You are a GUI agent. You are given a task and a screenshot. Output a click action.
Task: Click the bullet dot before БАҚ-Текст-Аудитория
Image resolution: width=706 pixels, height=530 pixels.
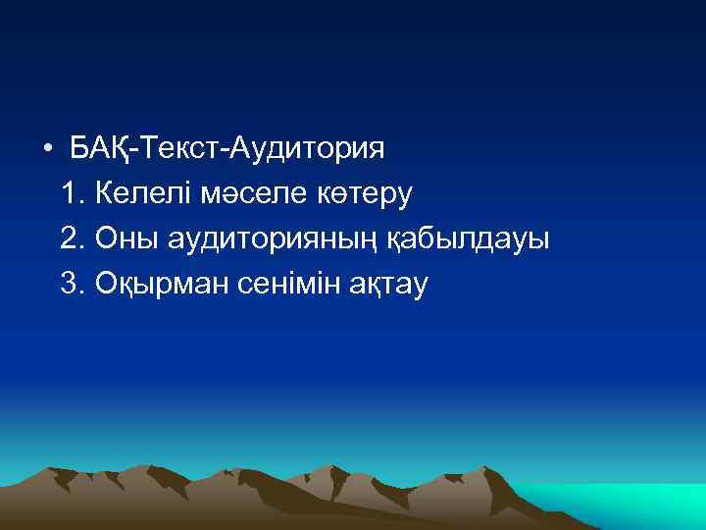click(46, 151)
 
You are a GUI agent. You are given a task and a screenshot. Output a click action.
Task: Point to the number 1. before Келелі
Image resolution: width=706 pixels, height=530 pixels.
click(72, 194)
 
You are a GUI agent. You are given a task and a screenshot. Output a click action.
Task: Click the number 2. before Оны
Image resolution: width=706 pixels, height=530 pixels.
click(72, 238)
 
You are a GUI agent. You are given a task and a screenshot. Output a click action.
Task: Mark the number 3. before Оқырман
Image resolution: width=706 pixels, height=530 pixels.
click(72, 283)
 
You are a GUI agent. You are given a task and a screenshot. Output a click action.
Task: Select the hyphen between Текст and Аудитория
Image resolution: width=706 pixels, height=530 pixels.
click(232, 152)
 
